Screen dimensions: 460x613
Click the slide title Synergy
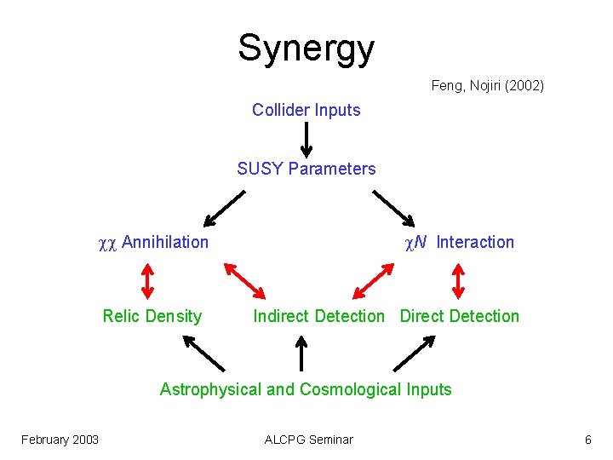[306, 49]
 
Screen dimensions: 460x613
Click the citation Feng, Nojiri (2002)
[487, 85]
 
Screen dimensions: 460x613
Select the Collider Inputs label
[306, 110]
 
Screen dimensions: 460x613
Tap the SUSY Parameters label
[306, 169]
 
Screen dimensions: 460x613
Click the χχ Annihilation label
[153, 242]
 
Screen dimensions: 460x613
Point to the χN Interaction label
[459, 242]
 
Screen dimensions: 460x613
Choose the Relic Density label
[152, 316]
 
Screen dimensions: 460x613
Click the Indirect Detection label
[318, 316]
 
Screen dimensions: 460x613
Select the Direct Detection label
[459, 316]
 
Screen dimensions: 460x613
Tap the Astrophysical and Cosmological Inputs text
[306, 389]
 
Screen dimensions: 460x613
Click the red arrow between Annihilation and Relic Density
[146, 279]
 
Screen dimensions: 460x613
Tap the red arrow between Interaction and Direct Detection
[459, 279]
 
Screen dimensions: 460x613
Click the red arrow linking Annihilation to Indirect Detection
[245, 279]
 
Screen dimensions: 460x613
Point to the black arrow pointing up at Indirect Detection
[301, 353]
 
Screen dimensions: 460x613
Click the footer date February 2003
[60, 440]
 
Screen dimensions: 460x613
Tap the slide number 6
[587, 440]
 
